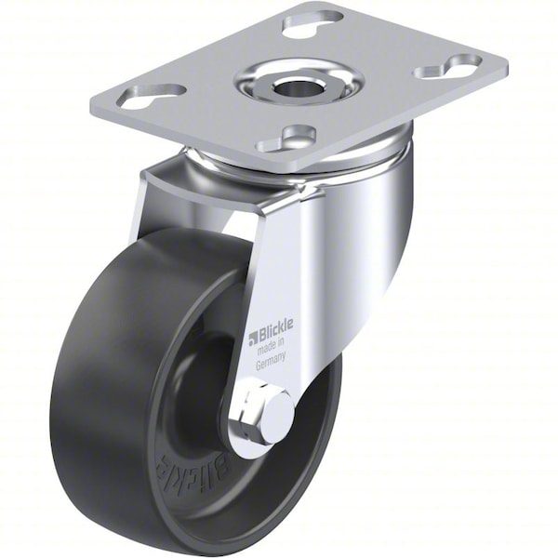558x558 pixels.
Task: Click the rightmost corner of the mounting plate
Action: click(507, 70)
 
